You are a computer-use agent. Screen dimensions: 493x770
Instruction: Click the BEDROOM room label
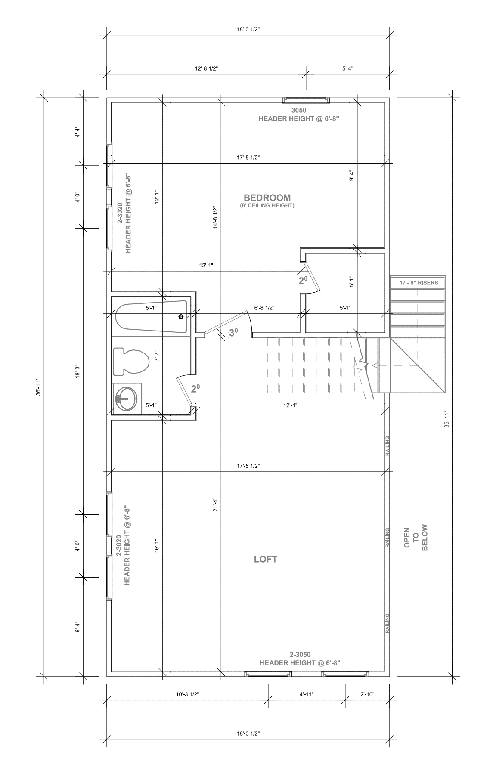click(x=267, y=198)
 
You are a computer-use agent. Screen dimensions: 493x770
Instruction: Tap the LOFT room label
click(x=266, y=559)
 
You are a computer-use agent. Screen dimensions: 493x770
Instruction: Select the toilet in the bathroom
click(x=131, y=361)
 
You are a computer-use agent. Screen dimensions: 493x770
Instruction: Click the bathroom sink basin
click(x=126, y=399)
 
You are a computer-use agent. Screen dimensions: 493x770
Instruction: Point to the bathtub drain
click(x=181, y=317)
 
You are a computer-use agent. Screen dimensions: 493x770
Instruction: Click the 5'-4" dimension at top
click(x=348, y=68)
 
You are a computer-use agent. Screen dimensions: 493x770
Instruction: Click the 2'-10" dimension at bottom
click(x=367, y=694)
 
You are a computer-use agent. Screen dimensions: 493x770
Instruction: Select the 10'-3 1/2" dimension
click(x=188, y=694)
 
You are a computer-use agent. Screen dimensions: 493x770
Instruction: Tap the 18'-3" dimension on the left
click(x=78, y=371)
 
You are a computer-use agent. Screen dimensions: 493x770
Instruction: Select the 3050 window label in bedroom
click(x=299, y=110)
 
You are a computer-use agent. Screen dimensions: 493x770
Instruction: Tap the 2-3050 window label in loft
click(x=300, y=655)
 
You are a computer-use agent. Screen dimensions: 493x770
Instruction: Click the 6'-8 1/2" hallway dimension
click(x=264, y=308)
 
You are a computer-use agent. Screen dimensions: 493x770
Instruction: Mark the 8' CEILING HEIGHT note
click(x=267, y=206)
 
